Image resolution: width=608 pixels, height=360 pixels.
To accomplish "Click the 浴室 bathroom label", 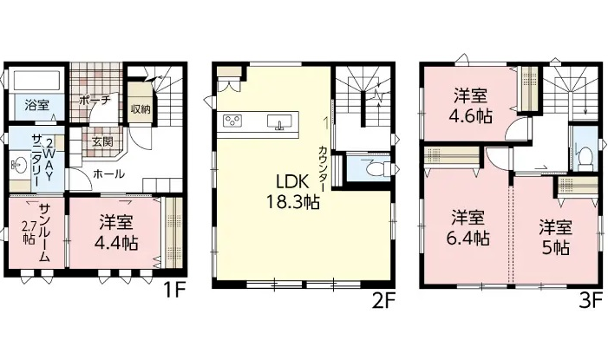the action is pyautogui.click(x=36, y=105).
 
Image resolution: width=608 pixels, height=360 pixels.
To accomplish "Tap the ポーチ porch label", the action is pyautogui.click(x=95, y=100).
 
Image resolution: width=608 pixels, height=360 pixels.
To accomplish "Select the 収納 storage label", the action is pyautogui.click(x=141, y=109).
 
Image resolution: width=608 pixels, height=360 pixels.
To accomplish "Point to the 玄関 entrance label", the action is pyautogui.click(x=102, y=142).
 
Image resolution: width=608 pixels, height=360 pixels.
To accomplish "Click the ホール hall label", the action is pyautogui.click(x=109, y=174).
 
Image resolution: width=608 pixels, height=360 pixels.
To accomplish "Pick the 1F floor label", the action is pyautogui.click(x=173, y=291).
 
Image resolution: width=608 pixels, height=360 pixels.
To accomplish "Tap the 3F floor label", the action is pyautogui.click(x=590, y=301).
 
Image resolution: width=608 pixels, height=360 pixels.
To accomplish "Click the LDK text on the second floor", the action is pyautogui.click(x=291, y=182).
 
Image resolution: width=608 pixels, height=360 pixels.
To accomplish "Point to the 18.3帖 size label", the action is pyautogui.click(x=293, y=202).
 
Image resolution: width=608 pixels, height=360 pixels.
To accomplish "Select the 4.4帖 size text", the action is pyautogui.click(x=116, y=243).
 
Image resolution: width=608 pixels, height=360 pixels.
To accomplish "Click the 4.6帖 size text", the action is pyautogui.click(x=471, y=116).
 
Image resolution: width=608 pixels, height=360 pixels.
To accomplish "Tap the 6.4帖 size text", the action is pyautogui.click(x=468, y=238).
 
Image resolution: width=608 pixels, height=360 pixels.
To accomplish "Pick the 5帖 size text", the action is pyautogui.click(x=555, y=247).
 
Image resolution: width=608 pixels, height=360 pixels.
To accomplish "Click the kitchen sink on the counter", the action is pyautogui.click(x=279, y=121).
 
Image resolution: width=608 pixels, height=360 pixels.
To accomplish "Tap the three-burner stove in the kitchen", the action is pyautogui.click(x=232, y=121).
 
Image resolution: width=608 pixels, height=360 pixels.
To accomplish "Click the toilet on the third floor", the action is pyautogui.click(x=585, y=157).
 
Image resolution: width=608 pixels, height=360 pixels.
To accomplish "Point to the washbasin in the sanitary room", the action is pyautogui.click(x=18, y=166).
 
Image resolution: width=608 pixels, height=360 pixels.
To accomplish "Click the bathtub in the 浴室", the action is pyautogui.click(x=36, y=80).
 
